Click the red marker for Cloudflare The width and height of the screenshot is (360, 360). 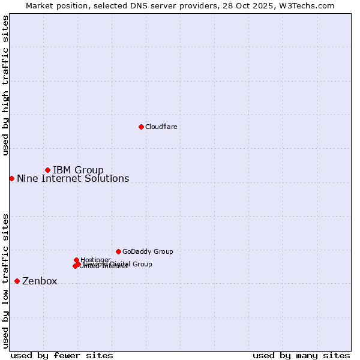141,127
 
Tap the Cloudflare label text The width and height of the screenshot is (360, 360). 161,127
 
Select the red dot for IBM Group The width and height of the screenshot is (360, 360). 47,170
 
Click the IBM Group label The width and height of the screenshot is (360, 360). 78,170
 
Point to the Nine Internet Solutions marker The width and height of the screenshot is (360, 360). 11,178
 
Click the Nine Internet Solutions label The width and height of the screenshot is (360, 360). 73,178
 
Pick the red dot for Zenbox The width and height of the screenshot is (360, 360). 17,281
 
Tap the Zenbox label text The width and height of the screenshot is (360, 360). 40,281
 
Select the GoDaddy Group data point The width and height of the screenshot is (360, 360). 118,251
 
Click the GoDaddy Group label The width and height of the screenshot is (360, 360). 148,251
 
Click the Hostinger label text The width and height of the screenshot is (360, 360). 95,260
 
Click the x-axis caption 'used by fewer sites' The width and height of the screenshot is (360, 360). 62,355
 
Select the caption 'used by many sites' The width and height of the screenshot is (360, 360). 301,355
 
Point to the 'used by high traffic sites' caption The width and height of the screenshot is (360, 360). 5,85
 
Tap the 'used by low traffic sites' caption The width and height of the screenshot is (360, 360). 5,280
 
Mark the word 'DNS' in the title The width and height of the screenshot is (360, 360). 137,5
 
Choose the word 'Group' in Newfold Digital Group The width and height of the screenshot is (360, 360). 142,264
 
